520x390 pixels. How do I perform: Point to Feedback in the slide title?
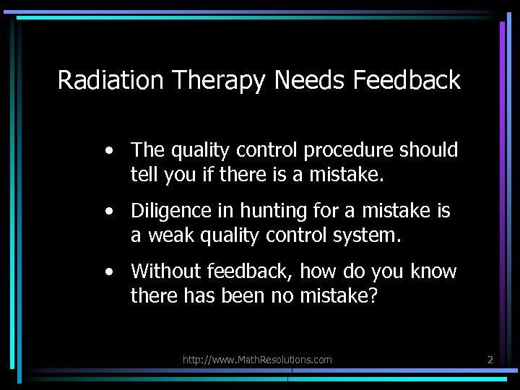[x=407, y=80]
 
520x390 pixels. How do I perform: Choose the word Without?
[x=166, y=272]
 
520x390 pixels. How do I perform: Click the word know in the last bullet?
[x=433, y=272]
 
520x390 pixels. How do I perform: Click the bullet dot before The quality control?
[x=108, y=151]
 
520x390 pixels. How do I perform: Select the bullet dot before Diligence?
[x=108, y=212]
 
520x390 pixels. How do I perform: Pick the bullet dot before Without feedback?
[x=108, y=272]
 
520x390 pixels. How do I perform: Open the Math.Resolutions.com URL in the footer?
[x=257, y=359]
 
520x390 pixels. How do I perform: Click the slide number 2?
[x=490, y=359]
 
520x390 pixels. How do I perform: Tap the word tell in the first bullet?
[x=142, y=175]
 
